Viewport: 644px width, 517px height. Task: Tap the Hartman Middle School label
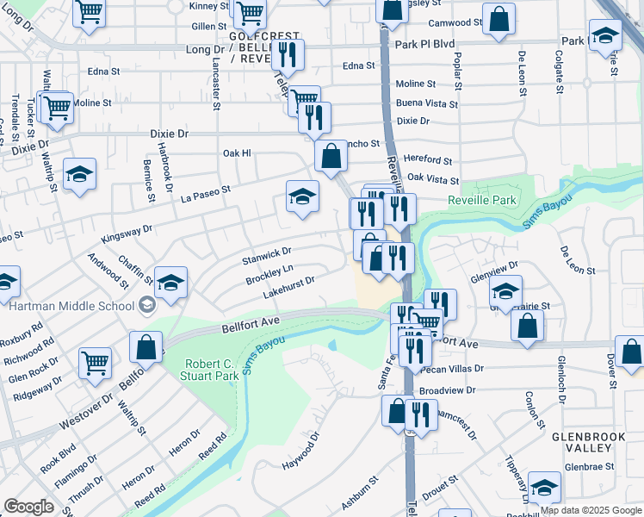72,305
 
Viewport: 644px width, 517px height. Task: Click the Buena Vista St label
428,103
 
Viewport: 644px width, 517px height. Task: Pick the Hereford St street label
428,160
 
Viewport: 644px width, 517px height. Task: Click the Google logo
28,507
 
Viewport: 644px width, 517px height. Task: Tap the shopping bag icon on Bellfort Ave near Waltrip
146,347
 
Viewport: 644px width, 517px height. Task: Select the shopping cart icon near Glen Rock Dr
95,362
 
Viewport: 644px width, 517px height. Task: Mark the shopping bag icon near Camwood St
498,18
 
